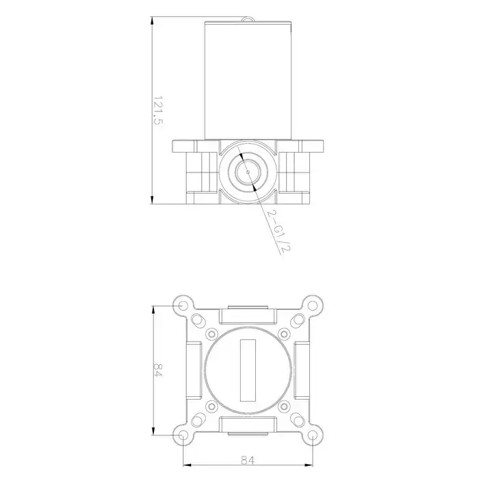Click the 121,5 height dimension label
(158, 110)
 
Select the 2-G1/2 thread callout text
(277, 231)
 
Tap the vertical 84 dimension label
(158, 370)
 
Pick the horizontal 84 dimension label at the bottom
(248, 460)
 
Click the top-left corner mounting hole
(183, 305)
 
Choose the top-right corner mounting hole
(312, 305)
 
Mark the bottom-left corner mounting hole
(183, 435)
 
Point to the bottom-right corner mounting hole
(312, 435)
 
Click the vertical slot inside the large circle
(248, 370)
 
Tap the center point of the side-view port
(248, 172)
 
